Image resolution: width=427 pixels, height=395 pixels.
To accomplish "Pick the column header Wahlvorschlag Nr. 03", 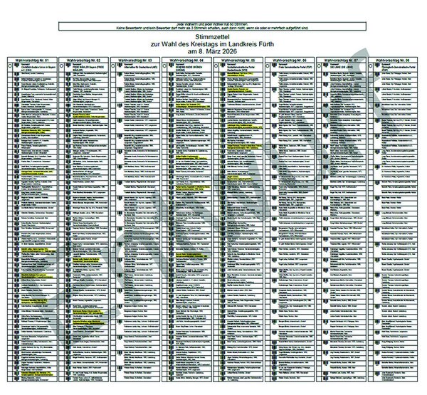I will coord(135,62).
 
